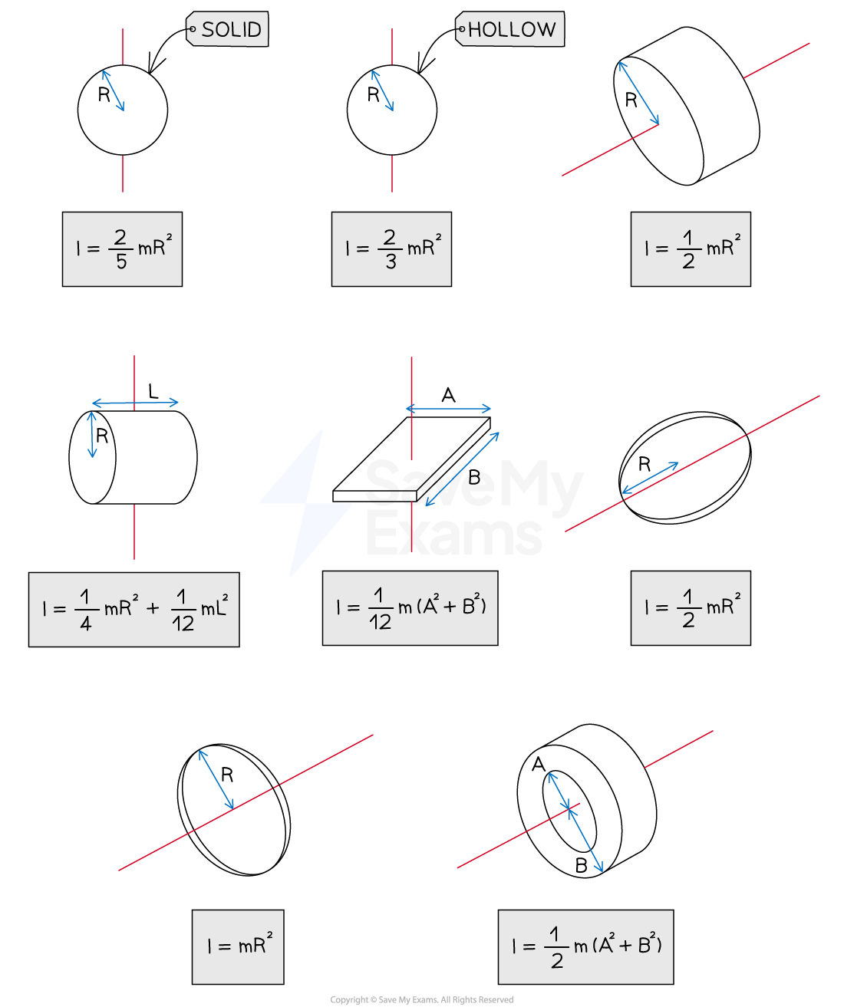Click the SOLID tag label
point(228,29)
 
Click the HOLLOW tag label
point(510,29)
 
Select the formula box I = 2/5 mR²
point(122,249)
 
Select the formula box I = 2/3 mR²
point(391,249)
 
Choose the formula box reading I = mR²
point(238,946)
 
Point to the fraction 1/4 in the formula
point(85,610)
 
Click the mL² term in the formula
point(214,608)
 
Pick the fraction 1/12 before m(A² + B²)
point(380,609)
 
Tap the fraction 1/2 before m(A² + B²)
point(556,948)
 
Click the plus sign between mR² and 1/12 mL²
point(153,609)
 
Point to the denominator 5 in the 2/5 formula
point(121,262)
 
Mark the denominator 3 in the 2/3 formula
point(391,262)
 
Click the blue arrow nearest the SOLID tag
point(113,90)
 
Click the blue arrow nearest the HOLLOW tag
point(382,90)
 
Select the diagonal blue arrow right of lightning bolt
point(463,469)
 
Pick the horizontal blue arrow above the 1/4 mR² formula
point(135,403)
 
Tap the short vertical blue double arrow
point(92,435)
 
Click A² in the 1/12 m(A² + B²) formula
point(431,605)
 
